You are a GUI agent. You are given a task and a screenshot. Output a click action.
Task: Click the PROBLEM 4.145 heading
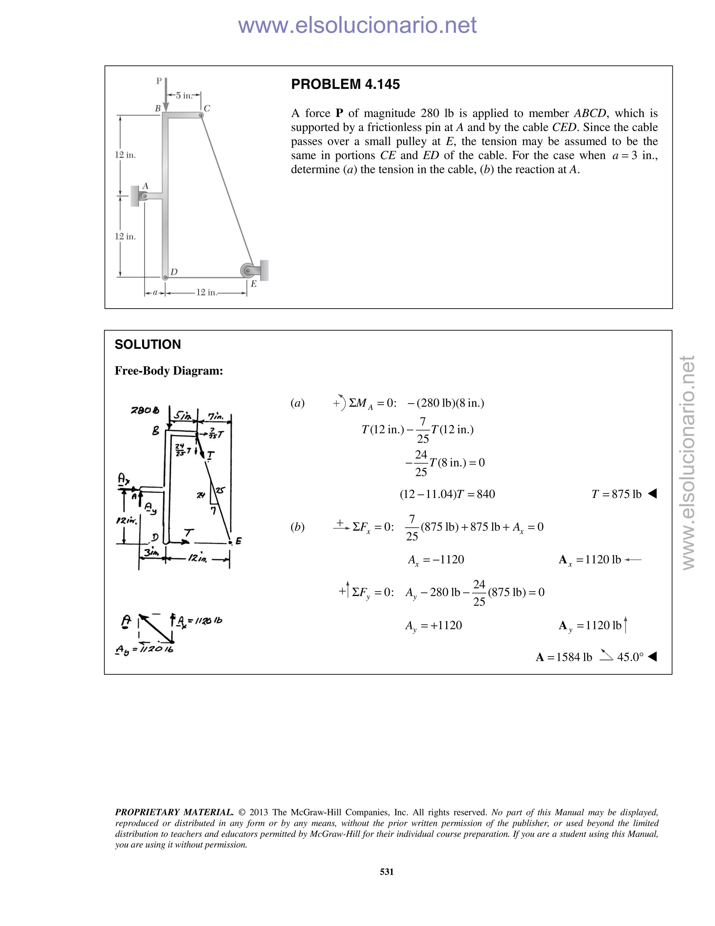click(x=345, y=84)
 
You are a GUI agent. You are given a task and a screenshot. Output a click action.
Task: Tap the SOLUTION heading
click(x=147, y=344)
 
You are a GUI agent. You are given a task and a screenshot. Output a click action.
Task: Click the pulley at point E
click(x=248, y=270)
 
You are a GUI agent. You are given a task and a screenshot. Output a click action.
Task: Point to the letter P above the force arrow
click(x=159, y=81)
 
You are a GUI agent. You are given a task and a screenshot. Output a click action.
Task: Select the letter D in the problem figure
click(x=174, y=272)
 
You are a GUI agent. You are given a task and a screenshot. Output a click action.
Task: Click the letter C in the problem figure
click(x=207, y=109)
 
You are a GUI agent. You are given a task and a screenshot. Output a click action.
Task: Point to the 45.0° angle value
click(x=630, y=657)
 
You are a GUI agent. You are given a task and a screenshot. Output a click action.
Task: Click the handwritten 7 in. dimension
click(x=216, y=417)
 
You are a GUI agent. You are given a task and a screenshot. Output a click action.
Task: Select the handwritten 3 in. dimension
click(x=151, y=552)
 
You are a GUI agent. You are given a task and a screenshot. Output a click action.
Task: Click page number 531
click(x=387, y=872)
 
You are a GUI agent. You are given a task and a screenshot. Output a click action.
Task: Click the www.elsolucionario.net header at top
click(x=357, y=25)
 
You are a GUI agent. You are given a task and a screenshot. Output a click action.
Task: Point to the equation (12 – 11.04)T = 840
click(x=447, y=494)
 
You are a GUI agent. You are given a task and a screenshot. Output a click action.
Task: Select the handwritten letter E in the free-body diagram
click(x=238, y=541)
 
